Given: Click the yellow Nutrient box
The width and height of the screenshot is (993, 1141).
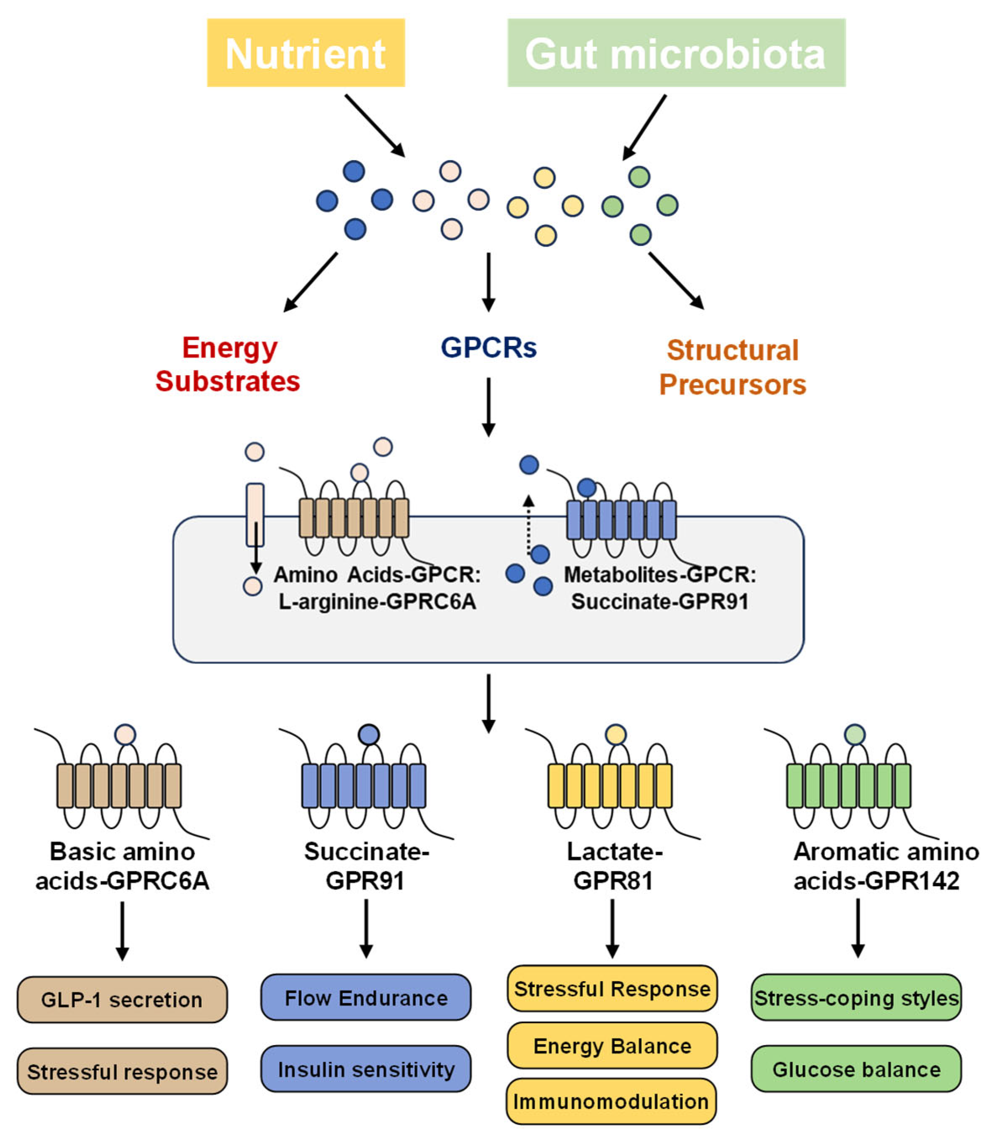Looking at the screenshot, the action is (x=306, y=53).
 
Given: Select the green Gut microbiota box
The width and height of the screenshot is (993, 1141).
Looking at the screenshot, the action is (x=676, y=53).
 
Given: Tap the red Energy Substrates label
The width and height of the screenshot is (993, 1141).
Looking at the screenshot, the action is (x=228, y=365).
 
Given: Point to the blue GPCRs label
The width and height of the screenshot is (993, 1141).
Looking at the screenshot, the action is (x=489, y=348).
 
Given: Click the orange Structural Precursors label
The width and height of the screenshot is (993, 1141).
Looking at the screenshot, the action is (x=732, y=367).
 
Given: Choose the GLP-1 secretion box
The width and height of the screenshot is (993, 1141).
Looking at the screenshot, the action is (x=122, y=1000).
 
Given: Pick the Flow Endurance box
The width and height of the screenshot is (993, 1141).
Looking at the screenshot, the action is (x=366, y=997).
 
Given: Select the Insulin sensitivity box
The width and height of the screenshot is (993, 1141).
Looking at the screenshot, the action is (x=366, y=1069).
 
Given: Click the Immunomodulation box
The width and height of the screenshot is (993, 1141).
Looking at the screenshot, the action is (x=611, y=1101).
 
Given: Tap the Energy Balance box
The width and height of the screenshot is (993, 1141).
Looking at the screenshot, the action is (x=612, y=1046).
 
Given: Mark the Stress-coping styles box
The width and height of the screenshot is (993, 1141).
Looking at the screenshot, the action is (x=856, y=997).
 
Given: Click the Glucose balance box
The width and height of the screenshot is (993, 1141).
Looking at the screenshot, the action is (x=856, y=1069).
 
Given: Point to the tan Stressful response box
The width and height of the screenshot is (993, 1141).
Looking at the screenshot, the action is (x=122, y=1071).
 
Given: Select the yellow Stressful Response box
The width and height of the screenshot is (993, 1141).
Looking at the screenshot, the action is (x=612, y=988).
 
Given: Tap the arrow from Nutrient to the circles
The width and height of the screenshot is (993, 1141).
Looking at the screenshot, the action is (x=374, y=126).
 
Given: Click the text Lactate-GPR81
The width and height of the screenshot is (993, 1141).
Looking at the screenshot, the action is (x=614, y=866).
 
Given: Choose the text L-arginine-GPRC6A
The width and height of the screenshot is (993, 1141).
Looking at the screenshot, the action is (x=377, y=602).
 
